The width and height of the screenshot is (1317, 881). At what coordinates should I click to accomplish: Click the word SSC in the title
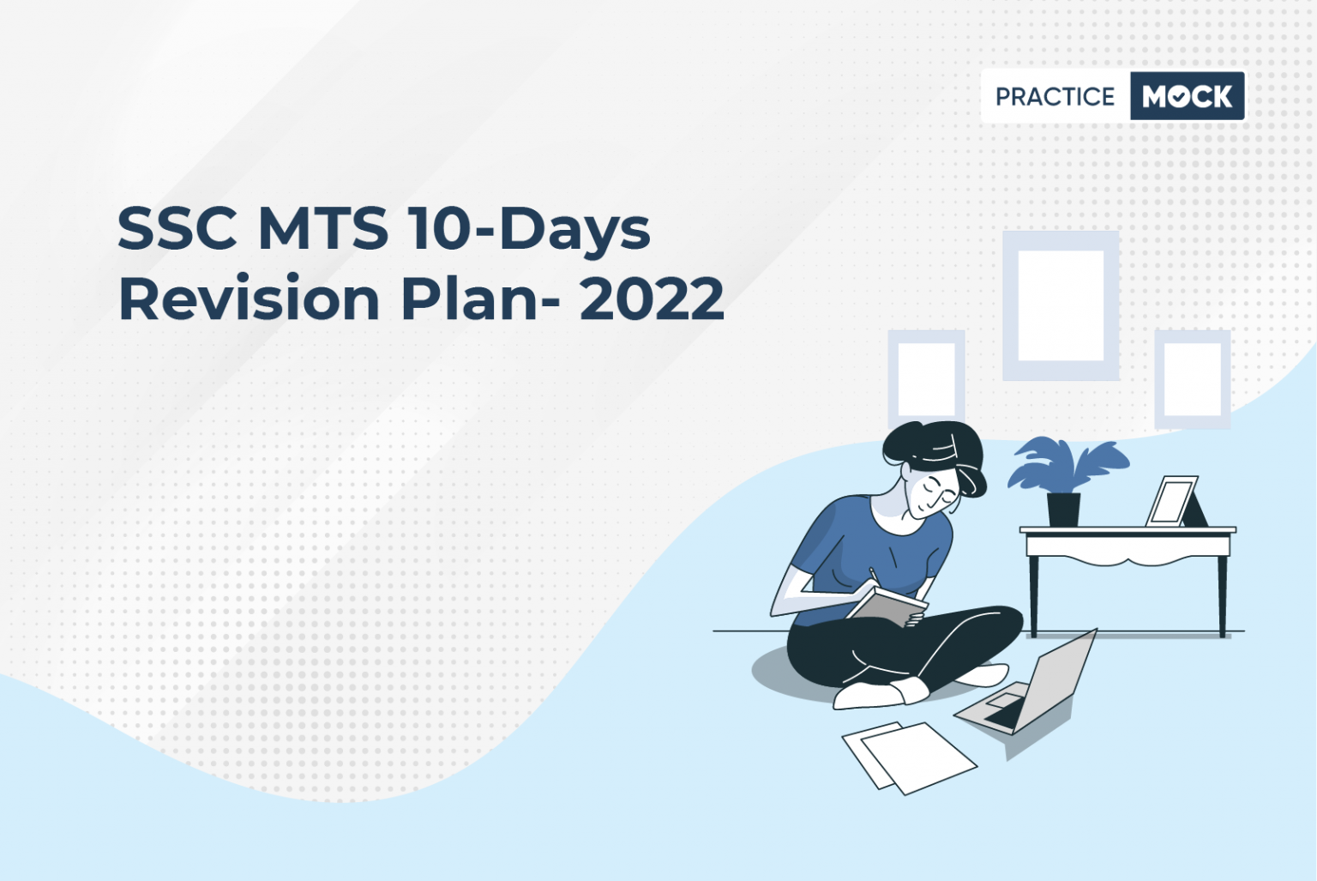177,227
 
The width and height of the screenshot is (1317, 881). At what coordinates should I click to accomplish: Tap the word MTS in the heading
323,227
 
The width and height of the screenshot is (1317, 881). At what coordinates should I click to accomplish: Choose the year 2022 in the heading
652,299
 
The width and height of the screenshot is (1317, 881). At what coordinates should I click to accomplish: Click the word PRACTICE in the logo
1055,97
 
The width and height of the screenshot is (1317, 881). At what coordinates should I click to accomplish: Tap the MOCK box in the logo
1187,96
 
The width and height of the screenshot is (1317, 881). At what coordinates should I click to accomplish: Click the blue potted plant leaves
1067,465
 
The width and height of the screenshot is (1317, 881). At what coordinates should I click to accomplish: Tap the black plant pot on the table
1063,510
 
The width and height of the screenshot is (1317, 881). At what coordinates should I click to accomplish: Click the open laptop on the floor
1028,688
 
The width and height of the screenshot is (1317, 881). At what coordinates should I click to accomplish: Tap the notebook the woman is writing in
887,606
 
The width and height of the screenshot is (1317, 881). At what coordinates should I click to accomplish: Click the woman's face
932,493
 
